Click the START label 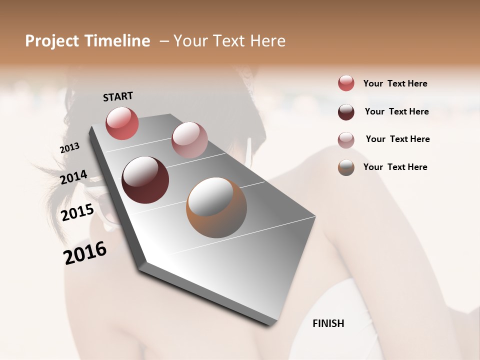click(118, 96)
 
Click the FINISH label click(328, 323)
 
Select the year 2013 click(69, 148)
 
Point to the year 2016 click(85, 253)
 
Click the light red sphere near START click(122, 123)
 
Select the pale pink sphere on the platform click(189, 140)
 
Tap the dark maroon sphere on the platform click(145, 180)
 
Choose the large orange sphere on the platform click(216, 207)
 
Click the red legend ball click(346, 83)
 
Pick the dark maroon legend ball click(346, 112)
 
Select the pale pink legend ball click(346, 140)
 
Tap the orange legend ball click(346, 167)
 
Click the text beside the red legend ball click(395, 83)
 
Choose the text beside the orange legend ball click(395, 167)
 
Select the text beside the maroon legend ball click(397, 111)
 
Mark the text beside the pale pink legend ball click(398, 139)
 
